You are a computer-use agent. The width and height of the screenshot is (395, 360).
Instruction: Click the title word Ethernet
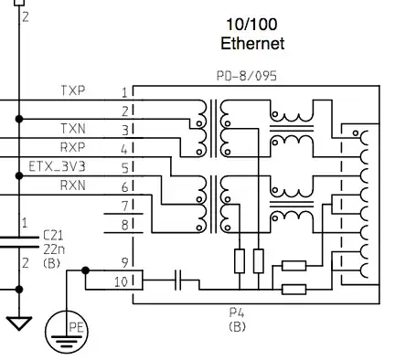(x=252, y=43)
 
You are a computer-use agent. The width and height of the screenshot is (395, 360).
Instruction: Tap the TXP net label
(x=73, y=91)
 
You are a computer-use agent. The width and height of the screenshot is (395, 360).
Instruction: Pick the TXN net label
(x=73, y=129)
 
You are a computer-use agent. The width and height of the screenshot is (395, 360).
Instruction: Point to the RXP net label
(x=73, y=146)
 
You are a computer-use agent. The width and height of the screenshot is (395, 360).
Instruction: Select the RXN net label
(x=73, y=185)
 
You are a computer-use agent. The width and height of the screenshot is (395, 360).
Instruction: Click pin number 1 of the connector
(x=123, y=92)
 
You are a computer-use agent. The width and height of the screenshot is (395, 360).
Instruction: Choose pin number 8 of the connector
(x=123, y=224)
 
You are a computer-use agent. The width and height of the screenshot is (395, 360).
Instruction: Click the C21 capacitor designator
(x=53, y=235)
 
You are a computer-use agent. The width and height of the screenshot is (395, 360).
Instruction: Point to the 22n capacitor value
(x=53, y=249)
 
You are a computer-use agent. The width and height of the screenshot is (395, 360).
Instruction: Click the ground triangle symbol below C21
(x=19, y=323)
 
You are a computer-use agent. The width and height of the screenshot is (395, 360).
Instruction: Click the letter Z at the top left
(x=26, y=16)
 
